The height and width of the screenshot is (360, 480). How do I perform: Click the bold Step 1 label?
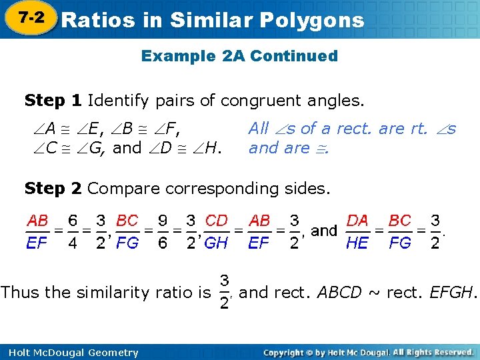53,101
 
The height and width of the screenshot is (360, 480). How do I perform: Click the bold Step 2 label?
53,189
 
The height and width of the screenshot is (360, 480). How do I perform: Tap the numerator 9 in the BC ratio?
162,221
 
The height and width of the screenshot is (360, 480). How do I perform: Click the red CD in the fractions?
217,220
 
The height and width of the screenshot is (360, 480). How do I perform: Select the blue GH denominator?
217,243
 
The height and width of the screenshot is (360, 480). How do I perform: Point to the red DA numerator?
357,220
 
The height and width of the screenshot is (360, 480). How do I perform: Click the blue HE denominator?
357,243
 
